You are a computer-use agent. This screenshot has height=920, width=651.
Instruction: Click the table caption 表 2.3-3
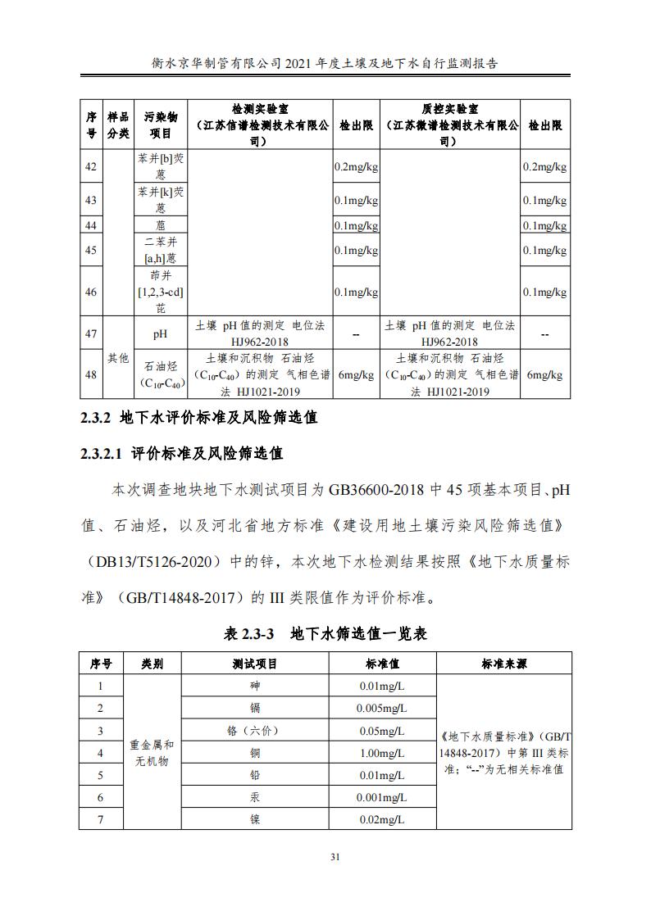(x=325, y=634)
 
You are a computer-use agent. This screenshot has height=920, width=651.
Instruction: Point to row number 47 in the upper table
(x=91, y=333)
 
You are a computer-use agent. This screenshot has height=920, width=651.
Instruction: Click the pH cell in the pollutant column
(x=160, y=333)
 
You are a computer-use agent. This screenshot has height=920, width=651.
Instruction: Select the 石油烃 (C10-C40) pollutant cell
(x=160, y=374)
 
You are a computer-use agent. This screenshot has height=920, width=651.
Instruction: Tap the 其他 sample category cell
(x=118, y=358)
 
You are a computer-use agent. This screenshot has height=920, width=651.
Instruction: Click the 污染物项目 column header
(x=160, y=125)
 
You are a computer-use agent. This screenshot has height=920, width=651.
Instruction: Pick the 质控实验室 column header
(x=450, y=125)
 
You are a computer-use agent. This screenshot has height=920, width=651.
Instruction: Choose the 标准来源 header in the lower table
(x=503, y=664)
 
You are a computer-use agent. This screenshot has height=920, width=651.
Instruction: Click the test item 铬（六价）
(x=254, y=731)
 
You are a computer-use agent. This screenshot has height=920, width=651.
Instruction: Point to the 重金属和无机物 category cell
(x=152, y=753)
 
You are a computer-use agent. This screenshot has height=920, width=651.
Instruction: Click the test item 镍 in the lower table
(x=254, y=819)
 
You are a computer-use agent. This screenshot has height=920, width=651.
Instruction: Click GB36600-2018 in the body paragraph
(x=376, y=490)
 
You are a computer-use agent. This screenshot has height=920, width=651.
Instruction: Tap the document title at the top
(x=325, y=62)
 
